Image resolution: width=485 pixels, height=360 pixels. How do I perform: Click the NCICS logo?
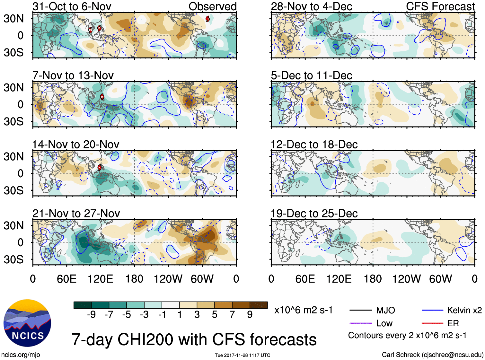click(27, 323)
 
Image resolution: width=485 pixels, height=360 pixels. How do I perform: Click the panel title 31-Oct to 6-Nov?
click(72, 6)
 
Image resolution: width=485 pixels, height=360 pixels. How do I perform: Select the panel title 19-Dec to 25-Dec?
click(314, 214)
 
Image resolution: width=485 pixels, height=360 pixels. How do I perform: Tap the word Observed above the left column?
click(212, 6)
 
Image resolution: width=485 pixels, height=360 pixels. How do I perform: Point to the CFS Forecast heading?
click(440, 6)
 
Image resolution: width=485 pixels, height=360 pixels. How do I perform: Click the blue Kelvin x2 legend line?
click(432, 311)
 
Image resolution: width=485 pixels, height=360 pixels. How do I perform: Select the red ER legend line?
click(432, 323)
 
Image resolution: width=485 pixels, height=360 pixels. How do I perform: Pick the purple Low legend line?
click(360, 323)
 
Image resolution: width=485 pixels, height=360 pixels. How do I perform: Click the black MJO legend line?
click(360, 311)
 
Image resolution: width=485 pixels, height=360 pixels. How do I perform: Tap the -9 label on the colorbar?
click(91, 315)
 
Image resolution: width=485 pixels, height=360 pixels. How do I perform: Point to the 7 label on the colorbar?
click(232, 315)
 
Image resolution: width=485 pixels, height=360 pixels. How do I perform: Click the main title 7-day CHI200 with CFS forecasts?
click(194, 339)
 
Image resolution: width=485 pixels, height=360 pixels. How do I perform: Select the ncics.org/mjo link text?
click(21, 355)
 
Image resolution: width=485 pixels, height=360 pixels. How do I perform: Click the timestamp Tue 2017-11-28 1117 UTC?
click(242, 355)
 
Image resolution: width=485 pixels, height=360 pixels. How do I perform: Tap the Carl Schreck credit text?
click(432, 355)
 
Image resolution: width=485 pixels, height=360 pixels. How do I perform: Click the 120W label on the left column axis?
click(168, 279)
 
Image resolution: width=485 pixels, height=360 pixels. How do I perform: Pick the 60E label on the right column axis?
click(305, 279)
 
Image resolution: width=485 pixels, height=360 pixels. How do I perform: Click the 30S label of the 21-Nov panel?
click(13, 259)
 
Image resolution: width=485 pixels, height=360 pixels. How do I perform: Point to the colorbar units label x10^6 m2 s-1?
click(303, 310)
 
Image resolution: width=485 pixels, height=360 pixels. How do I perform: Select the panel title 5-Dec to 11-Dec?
click(311, 75)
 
